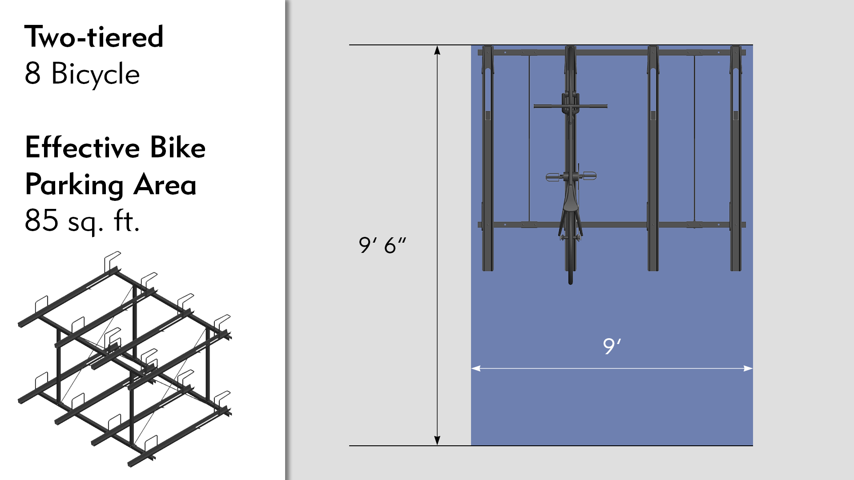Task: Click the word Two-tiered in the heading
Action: click(94, 37)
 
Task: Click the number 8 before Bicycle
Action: click(32, 73)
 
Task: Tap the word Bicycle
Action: click(96, 74)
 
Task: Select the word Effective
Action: click(82, 148)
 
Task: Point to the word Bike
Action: click(177, 148)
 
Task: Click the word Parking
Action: click(74, 185)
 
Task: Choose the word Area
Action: click(165, 185)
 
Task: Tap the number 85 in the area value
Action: click(41, 220)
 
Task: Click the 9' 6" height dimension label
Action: click(382, 245)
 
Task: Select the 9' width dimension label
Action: click(612, 346)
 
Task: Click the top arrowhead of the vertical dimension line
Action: click(437, 50)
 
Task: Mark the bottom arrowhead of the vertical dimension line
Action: click(437, 440)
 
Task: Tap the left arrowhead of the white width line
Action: click(476, 368)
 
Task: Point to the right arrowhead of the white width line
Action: click(748, 368)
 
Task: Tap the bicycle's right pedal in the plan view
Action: click(590, 176)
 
